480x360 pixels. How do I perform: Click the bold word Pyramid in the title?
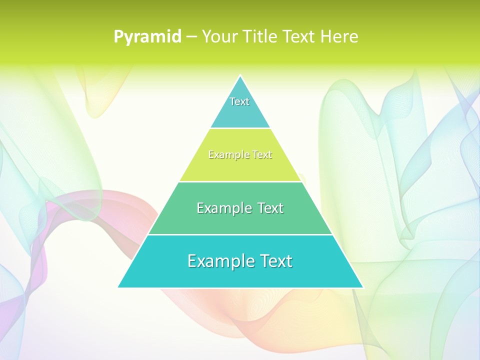(x=147, y=36)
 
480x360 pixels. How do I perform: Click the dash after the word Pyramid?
(x=191, y=37)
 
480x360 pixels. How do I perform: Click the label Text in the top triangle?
(x=239, y=101)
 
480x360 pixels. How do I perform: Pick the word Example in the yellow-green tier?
(x=226, y=155)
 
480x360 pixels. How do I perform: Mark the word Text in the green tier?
(x=270, y=208)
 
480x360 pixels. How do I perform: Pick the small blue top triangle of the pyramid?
(x=240, y=115)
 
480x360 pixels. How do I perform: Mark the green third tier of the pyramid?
(x=240, y=223)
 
